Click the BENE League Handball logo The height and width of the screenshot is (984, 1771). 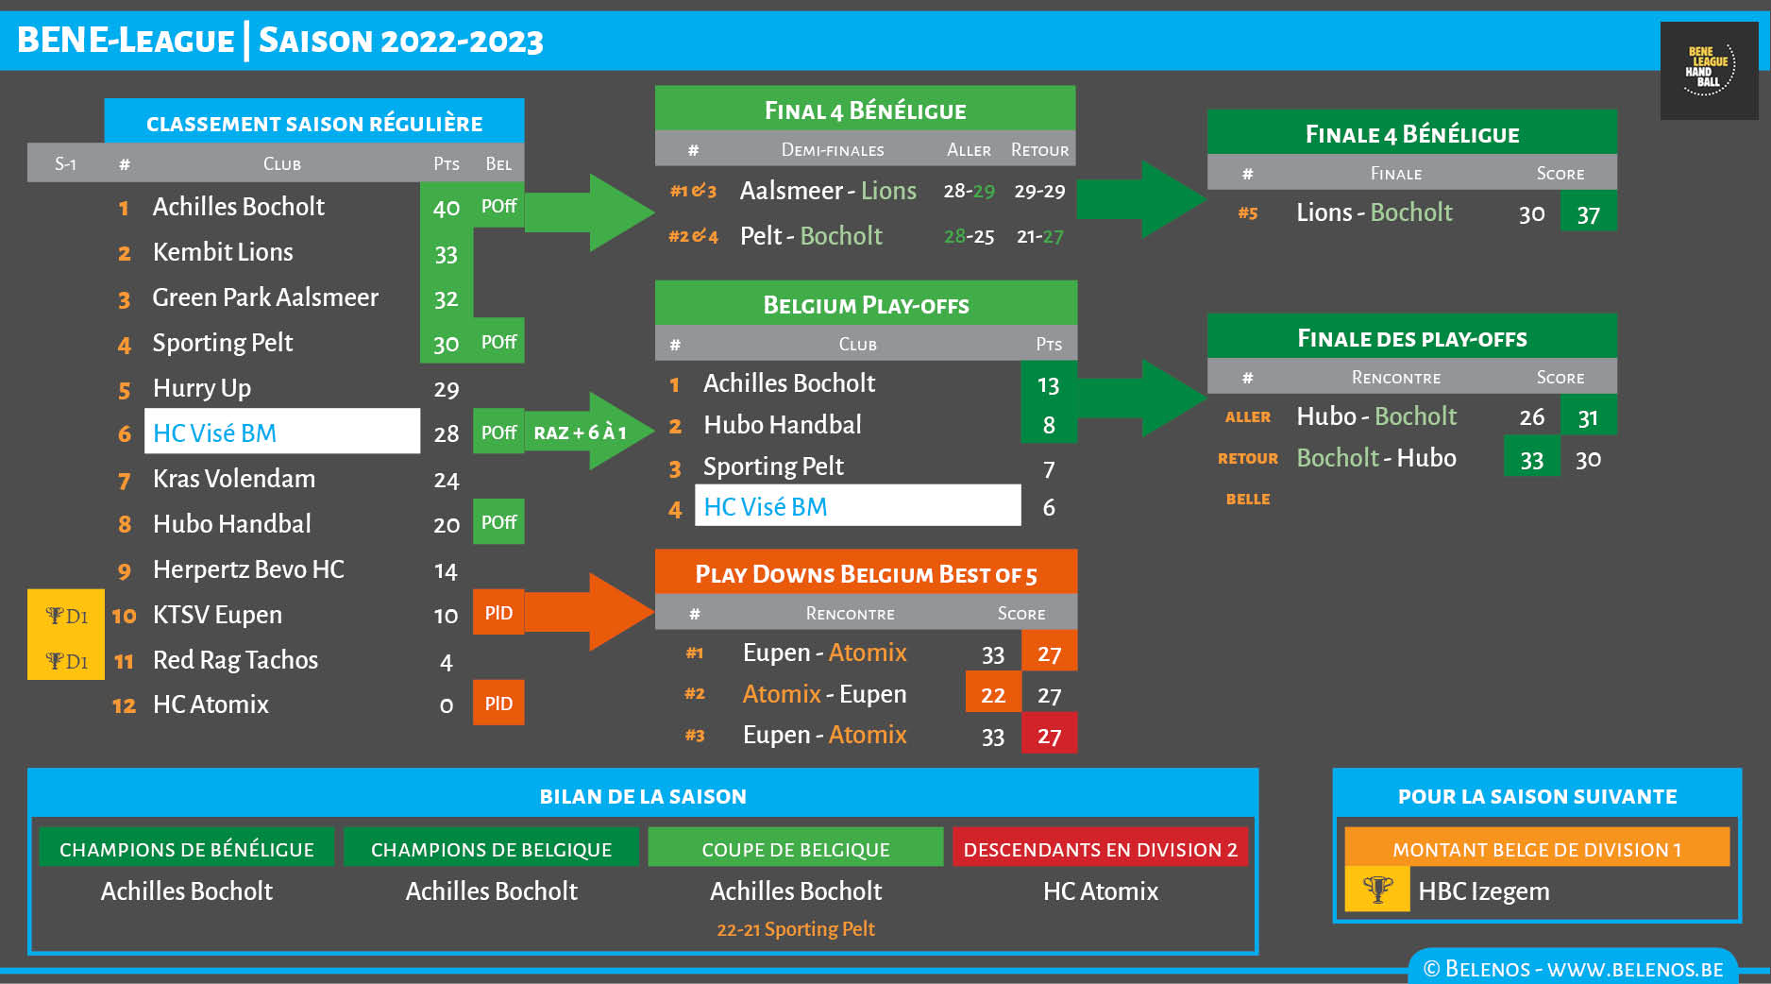tap(1709, 71)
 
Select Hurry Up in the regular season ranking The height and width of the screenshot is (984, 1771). tap(202, 388)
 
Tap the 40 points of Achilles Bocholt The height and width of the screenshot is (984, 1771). tap(446, 208)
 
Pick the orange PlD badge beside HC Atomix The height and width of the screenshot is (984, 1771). tap(498, 704)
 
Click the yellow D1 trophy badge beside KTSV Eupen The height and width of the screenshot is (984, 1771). tap(66, 616)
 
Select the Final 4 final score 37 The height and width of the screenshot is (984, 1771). tap(1588, 214)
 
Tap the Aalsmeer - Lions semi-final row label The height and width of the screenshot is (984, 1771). tap(827, 191)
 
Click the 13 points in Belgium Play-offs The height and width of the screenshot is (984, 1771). tap(1048, 385)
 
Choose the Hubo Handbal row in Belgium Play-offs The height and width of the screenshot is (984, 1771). tap(782, 425)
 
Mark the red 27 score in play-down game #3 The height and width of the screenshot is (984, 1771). tap(1049, 736)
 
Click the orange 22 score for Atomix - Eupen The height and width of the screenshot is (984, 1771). tap(993, 695)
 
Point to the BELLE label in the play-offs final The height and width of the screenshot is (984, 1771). tap(1247, 499)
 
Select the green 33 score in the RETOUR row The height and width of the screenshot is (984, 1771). tap(1531, 460)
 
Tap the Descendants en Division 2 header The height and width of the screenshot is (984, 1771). tap(1100, 849)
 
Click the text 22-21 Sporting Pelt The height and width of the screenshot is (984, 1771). tap(795, 929)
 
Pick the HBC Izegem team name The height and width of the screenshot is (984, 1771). tap(1483, 891)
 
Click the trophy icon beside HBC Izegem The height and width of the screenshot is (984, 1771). tap(1377, 891)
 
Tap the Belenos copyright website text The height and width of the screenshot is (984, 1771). tap(1573, 969)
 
